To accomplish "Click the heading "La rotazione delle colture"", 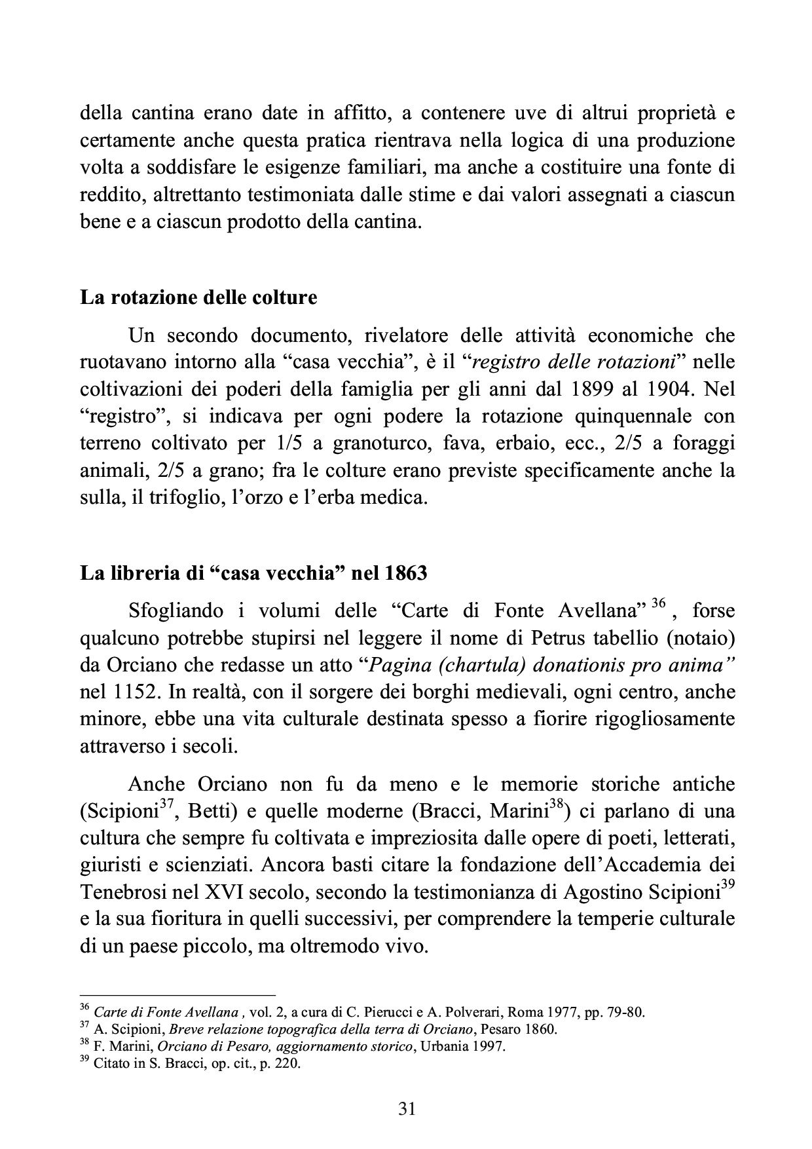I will (198, 298).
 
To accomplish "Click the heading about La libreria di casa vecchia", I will (253, 574).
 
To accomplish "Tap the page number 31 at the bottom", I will (407, 1108).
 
